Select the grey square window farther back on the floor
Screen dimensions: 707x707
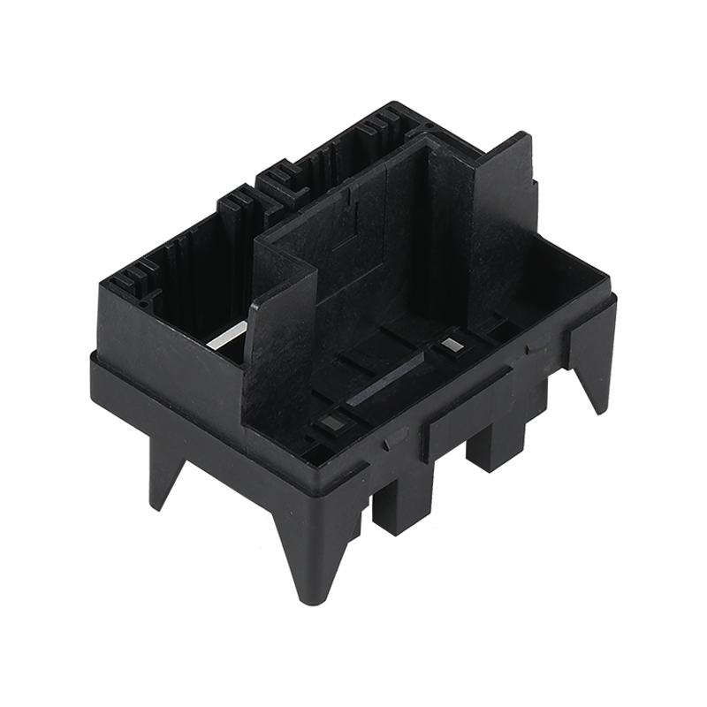[452, 345]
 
